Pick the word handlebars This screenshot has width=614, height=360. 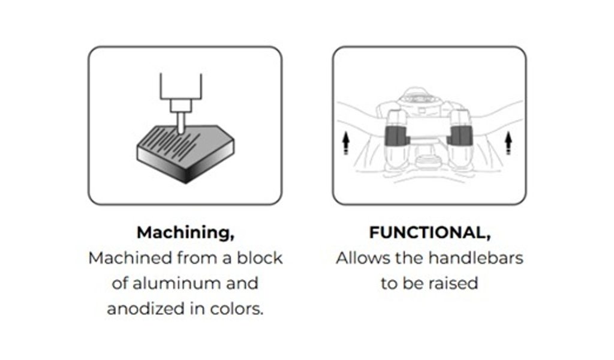click(x=475, y=258)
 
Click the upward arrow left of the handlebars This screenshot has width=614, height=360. click(x=345, y=143)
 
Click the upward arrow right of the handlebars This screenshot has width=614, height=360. click(x=508, y=143)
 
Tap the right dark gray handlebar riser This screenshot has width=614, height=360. click(x=460, y=136)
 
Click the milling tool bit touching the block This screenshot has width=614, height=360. click(x=181, y=122)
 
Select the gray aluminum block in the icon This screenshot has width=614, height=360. click(x=186, y=154)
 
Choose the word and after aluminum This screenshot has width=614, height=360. click(x=242, y=283)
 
